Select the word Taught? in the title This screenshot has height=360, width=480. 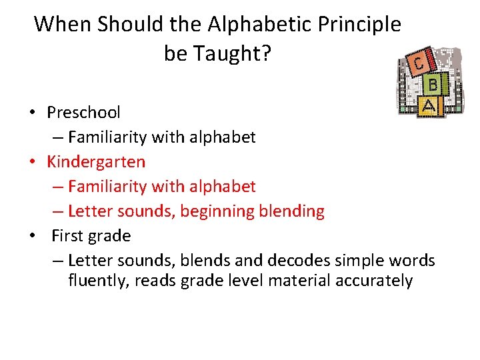[233, 54]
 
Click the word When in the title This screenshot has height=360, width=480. [63, 24]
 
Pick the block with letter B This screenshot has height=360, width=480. [433, 85]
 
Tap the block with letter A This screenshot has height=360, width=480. [429, 105]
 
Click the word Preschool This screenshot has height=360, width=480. [83, 113]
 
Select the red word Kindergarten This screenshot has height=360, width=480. [96, 162]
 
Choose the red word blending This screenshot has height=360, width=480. [293, 211]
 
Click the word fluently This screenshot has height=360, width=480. [99, 281]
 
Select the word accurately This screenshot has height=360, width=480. [374, 281]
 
